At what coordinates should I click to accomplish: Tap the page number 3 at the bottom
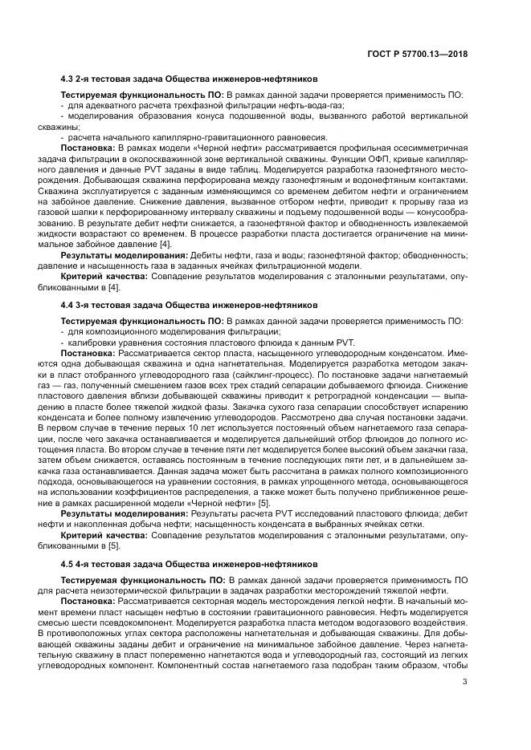(465, 683)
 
